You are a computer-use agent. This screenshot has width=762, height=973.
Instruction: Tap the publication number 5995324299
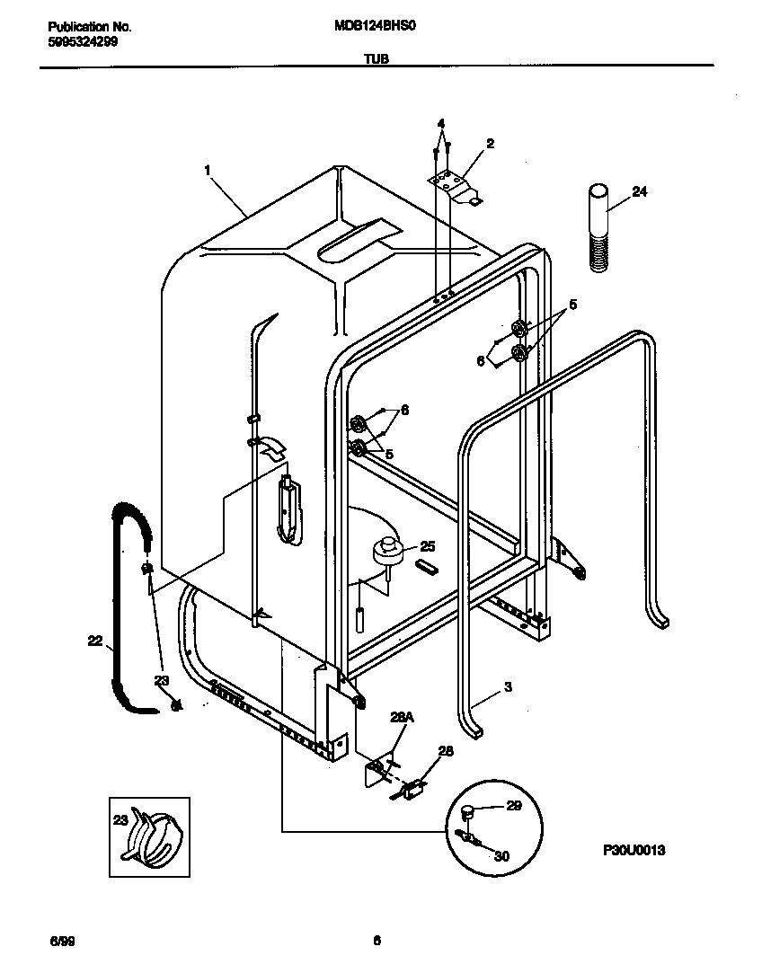[x=82, y=41]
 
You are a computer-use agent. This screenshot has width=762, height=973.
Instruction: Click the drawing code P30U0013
[x=634, y=850]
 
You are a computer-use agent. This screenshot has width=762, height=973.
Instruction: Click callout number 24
[x=640, y=191]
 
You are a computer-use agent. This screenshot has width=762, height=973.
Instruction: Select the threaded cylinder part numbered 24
[x=597, y=226]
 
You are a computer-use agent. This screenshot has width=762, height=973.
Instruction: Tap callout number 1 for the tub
[x=208, y=169]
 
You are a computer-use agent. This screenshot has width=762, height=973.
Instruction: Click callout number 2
[x=490, y=143]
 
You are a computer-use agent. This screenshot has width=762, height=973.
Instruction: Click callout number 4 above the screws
[x=441, y=123]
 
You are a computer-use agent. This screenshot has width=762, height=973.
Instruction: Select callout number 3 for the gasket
[x=508, y=687]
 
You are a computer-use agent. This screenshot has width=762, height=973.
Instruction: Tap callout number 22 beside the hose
[x=94, y=641]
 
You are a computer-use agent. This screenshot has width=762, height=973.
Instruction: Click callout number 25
[x=427, y=546]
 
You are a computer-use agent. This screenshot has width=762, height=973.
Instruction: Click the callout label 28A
[x=401, y=717]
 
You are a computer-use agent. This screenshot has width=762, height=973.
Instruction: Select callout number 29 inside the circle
[x=513, y=806]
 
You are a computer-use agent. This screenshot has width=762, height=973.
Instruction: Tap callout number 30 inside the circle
[x=501, y=856]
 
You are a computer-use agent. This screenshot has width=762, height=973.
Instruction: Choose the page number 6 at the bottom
[x=377, y=941]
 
